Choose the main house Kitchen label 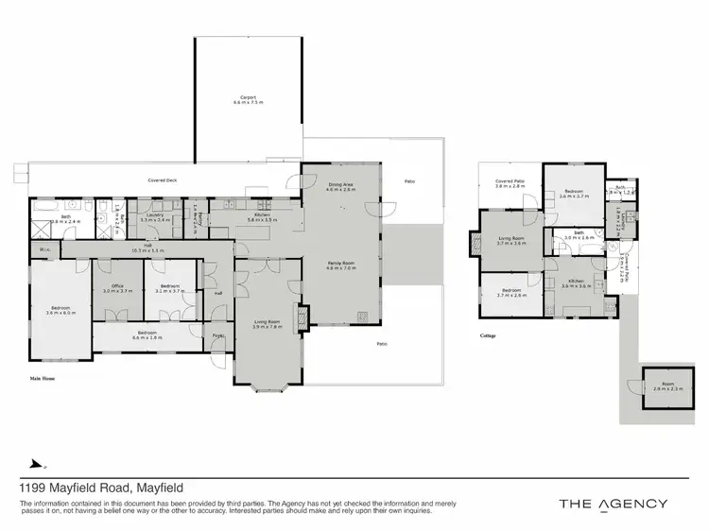point(261,216)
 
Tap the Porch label point(217,334)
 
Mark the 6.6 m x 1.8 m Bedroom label point(147,334)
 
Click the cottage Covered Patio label point(510,184)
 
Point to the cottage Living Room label point(510,241)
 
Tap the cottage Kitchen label point(575,283)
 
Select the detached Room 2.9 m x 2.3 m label point(665,386)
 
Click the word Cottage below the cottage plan point(489,335)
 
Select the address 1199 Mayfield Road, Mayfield point(101,488)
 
